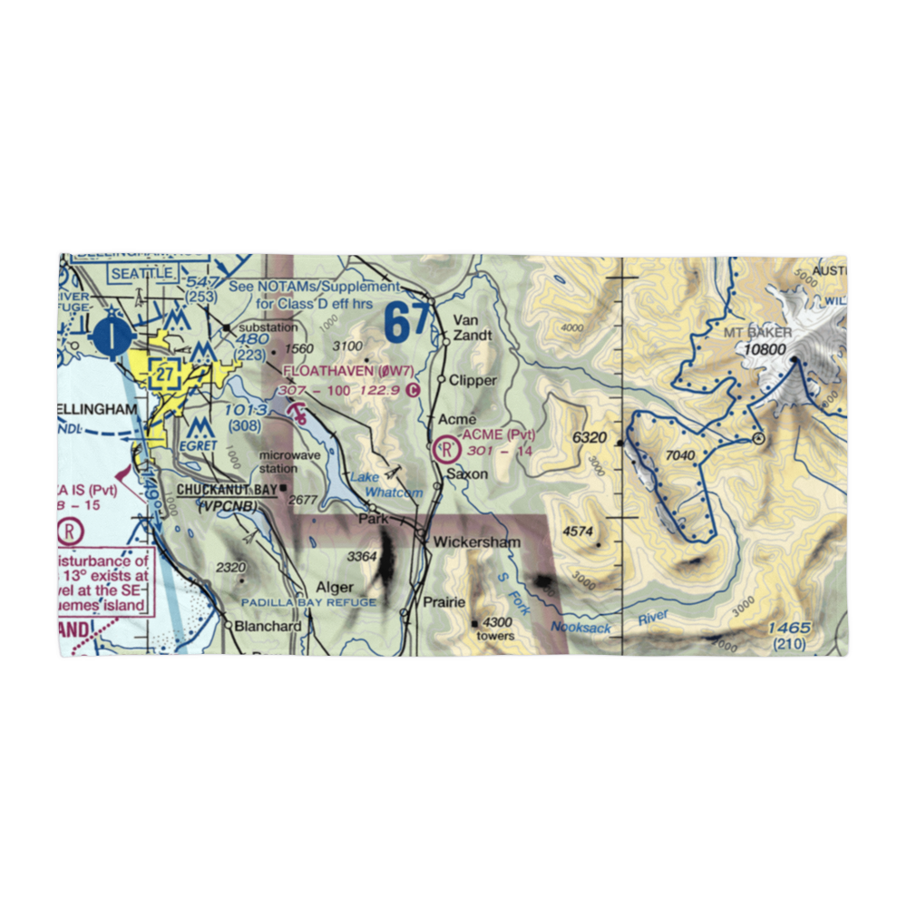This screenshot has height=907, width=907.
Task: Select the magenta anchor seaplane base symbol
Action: point(297,414)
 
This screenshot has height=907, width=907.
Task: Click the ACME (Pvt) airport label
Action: point(498,435)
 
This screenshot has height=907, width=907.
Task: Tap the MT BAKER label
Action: point(757,333)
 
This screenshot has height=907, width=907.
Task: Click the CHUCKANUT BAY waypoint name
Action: point(226,490)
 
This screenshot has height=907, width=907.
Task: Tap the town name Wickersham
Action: point(476,542)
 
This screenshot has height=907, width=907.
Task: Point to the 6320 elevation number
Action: point(589,438)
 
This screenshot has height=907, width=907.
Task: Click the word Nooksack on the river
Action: point(580,628)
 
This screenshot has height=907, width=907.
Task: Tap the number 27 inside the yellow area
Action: point(164,373)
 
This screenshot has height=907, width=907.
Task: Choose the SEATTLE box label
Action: point(141,273)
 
